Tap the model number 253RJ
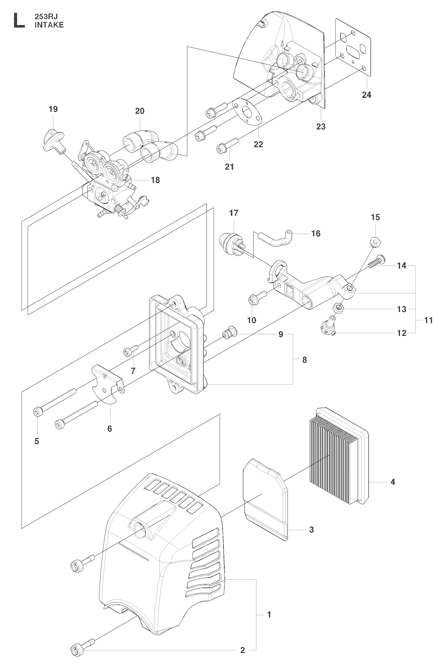[46, 17]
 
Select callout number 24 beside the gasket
[367, 95]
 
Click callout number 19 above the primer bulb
[53, 109]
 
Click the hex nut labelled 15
[375, 241]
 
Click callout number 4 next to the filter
[392, 481]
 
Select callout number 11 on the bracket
[428, 320]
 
